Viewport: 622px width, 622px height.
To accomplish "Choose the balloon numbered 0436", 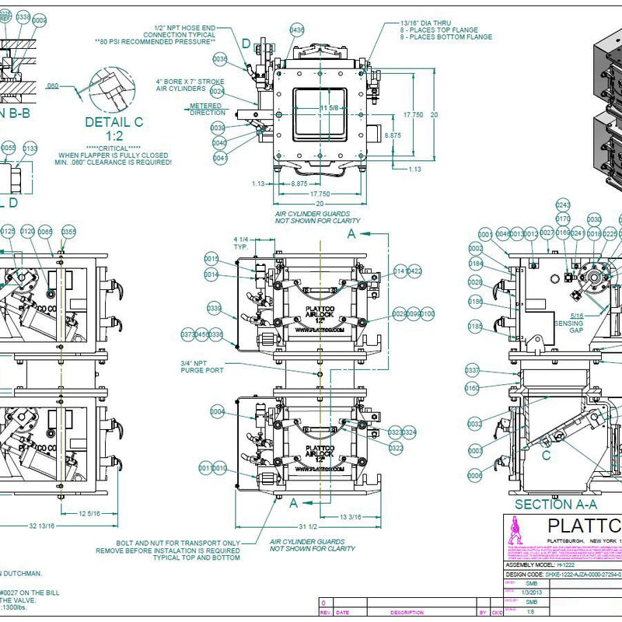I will coord(297,30).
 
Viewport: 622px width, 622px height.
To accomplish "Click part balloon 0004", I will coord(218,411).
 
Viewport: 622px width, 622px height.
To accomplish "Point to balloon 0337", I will coord(472,370).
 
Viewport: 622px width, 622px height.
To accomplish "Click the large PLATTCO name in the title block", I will coord(584,526).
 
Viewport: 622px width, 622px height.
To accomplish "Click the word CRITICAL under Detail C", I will coord(125,147).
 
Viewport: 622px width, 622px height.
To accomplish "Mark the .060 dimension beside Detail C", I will coord(54,86).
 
